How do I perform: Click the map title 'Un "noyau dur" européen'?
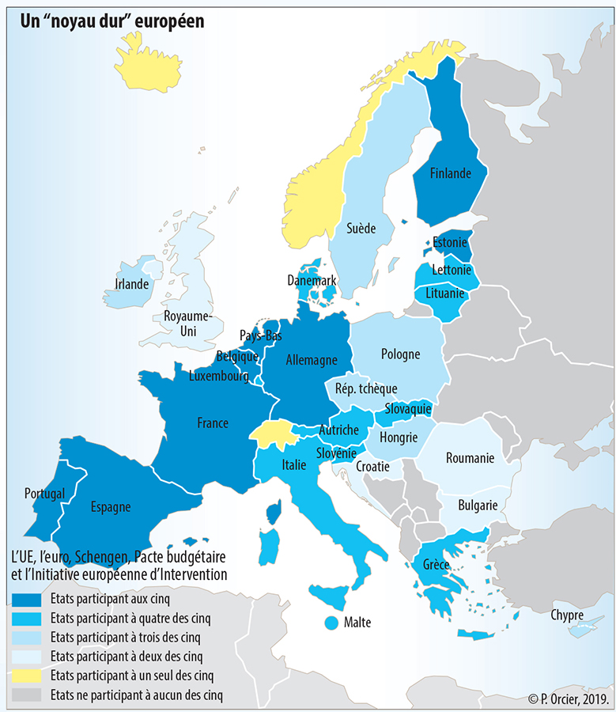point(112,21)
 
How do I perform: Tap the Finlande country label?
point(451,173)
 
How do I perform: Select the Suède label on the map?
point(360,229)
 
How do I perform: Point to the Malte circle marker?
point(332,623)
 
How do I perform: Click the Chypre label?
point(567,615)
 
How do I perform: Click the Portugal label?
point(44,494)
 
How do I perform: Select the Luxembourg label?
point(219,376)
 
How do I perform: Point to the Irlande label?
point(132,283)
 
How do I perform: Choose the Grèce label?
point(436,565)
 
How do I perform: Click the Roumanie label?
point(470,458)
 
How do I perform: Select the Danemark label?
point(312,280)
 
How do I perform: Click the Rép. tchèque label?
point(366,388)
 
